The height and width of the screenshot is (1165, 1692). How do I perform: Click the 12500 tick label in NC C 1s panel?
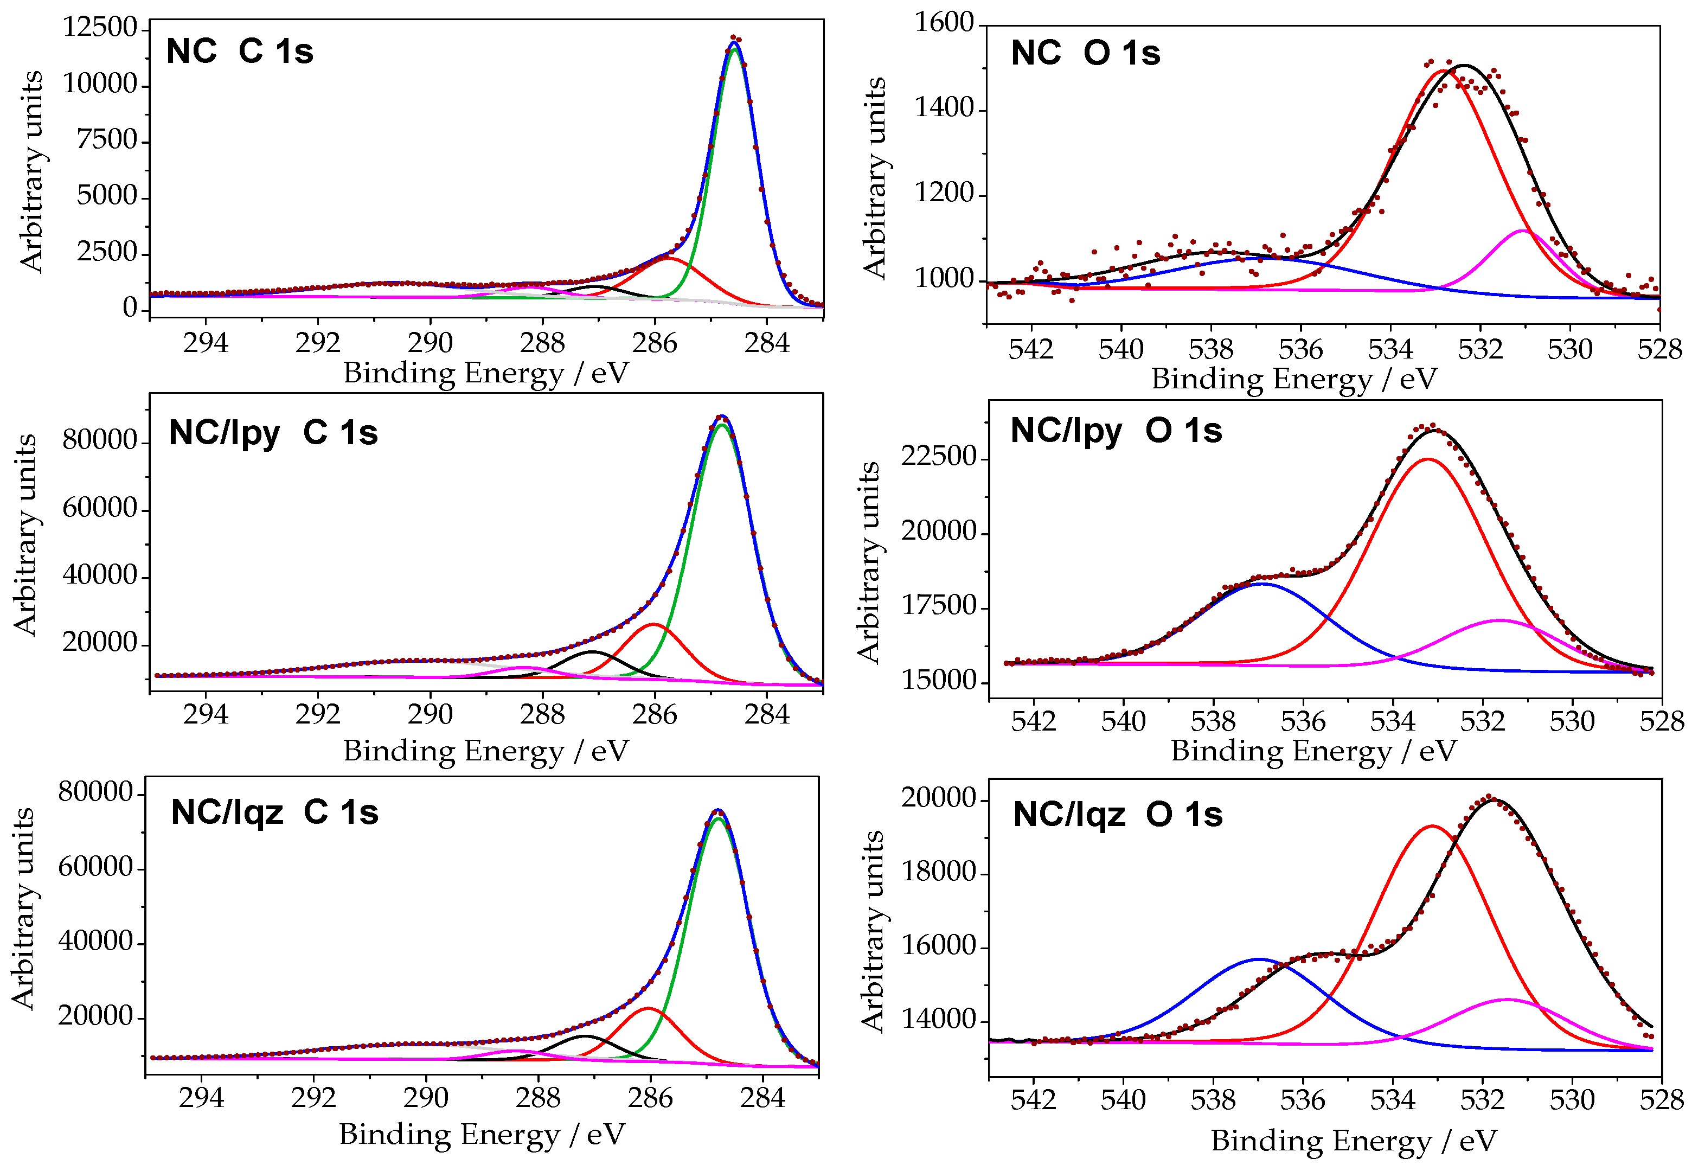coord(99,28)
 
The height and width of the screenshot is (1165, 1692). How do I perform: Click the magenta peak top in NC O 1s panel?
coord(1522,232)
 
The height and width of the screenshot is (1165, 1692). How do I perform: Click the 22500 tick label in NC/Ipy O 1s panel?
coord(938,457)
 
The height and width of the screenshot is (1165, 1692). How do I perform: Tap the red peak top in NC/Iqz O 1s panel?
coord(1432,827)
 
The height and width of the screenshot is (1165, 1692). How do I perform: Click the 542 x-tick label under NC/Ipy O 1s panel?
coord(1033,722)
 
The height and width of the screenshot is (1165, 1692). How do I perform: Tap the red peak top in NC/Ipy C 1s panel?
coord(654,624)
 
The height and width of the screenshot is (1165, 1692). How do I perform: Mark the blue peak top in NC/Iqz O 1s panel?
coord(1258,960)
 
